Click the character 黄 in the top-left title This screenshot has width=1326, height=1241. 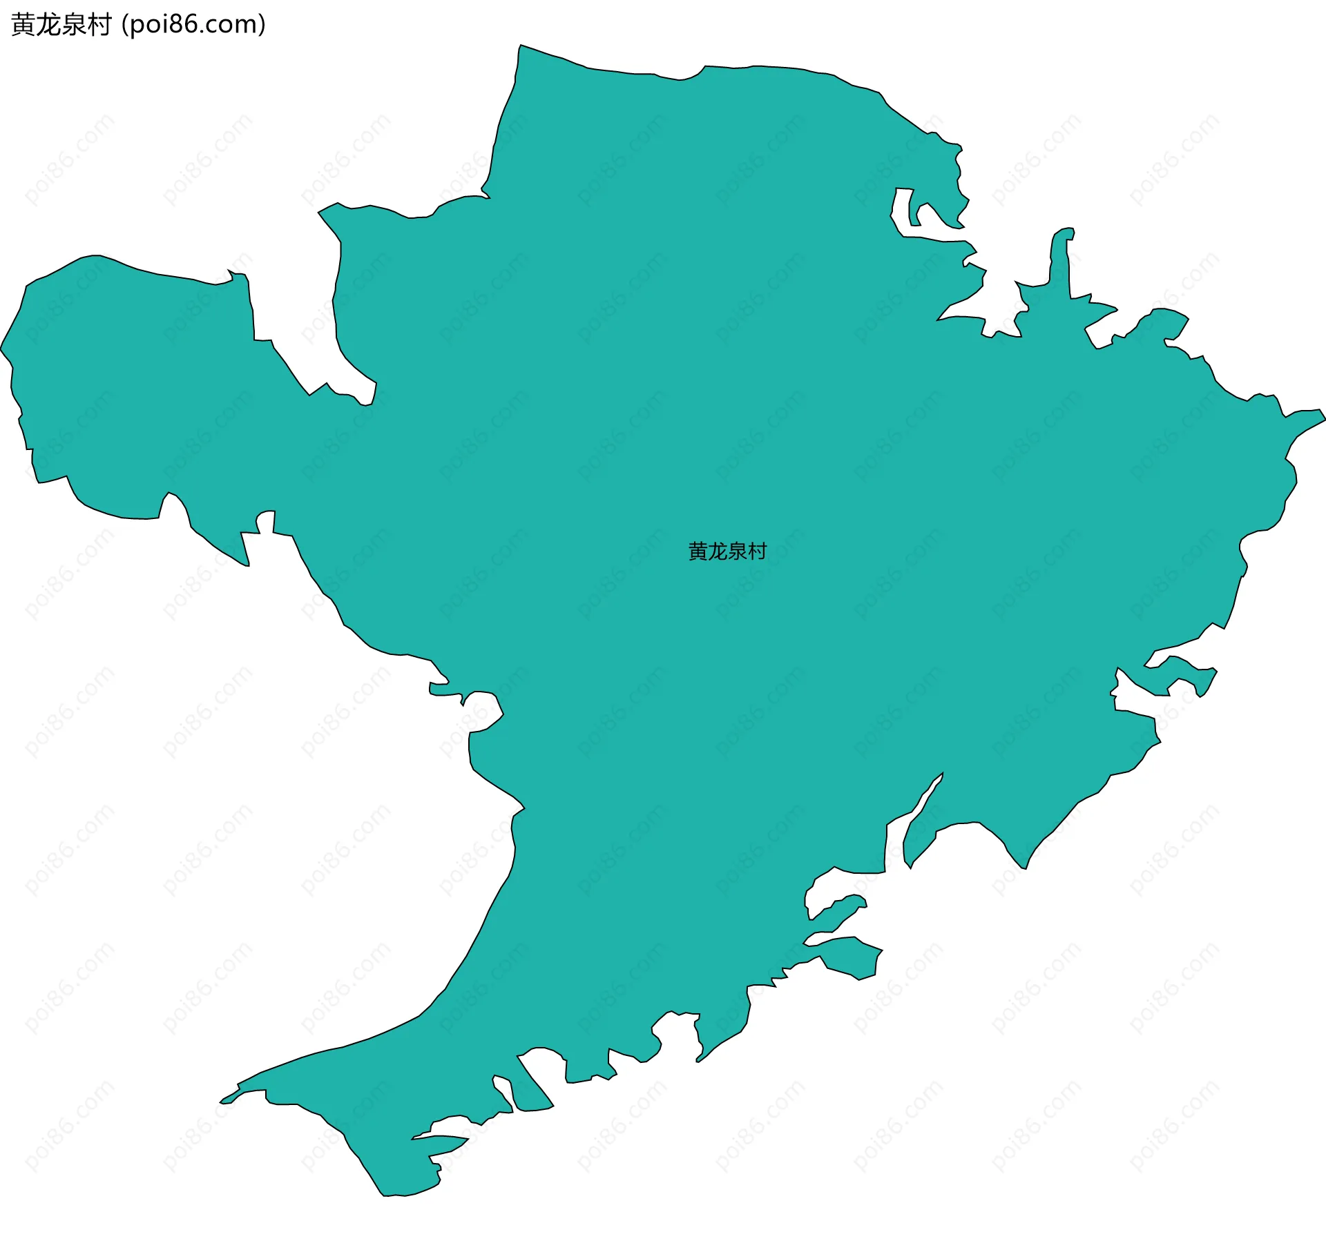[x=23, y=25]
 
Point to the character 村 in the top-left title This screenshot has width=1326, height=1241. [x=99, y=25]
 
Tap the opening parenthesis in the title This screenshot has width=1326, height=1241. [x=124, y=25]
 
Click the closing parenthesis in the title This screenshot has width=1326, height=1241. [x=262, y=25]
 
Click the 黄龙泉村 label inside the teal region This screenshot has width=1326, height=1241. [x=727, y=551]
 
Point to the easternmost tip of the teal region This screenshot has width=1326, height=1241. [x=1324, y=417]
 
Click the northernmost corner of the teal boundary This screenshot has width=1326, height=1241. [x=521, y=46]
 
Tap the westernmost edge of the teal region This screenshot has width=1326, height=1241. [x=2, y=349]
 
